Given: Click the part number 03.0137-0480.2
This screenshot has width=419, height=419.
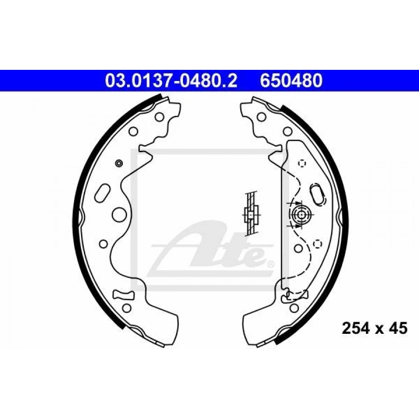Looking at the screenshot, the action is point(171,81).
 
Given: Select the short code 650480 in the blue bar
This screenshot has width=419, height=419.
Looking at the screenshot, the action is point(291,81).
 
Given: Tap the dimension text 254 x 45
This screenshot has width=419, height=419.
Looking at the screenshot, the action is point(375,328).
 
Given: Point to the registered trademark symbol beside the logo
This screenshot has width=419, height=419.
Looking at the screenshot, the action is point(270,264).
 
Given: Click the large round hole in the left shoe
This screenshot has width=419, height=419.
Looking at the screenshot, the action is point(119,214).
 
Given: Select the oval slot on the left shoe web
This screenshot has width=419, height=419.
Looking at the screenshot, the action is point(102,192).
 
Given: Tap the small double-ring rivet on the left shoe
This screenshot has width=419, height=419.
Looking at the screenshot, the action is point(119,163).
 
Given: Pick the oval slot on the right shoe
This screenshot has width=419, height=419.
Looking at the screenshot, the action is point(318,194).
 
